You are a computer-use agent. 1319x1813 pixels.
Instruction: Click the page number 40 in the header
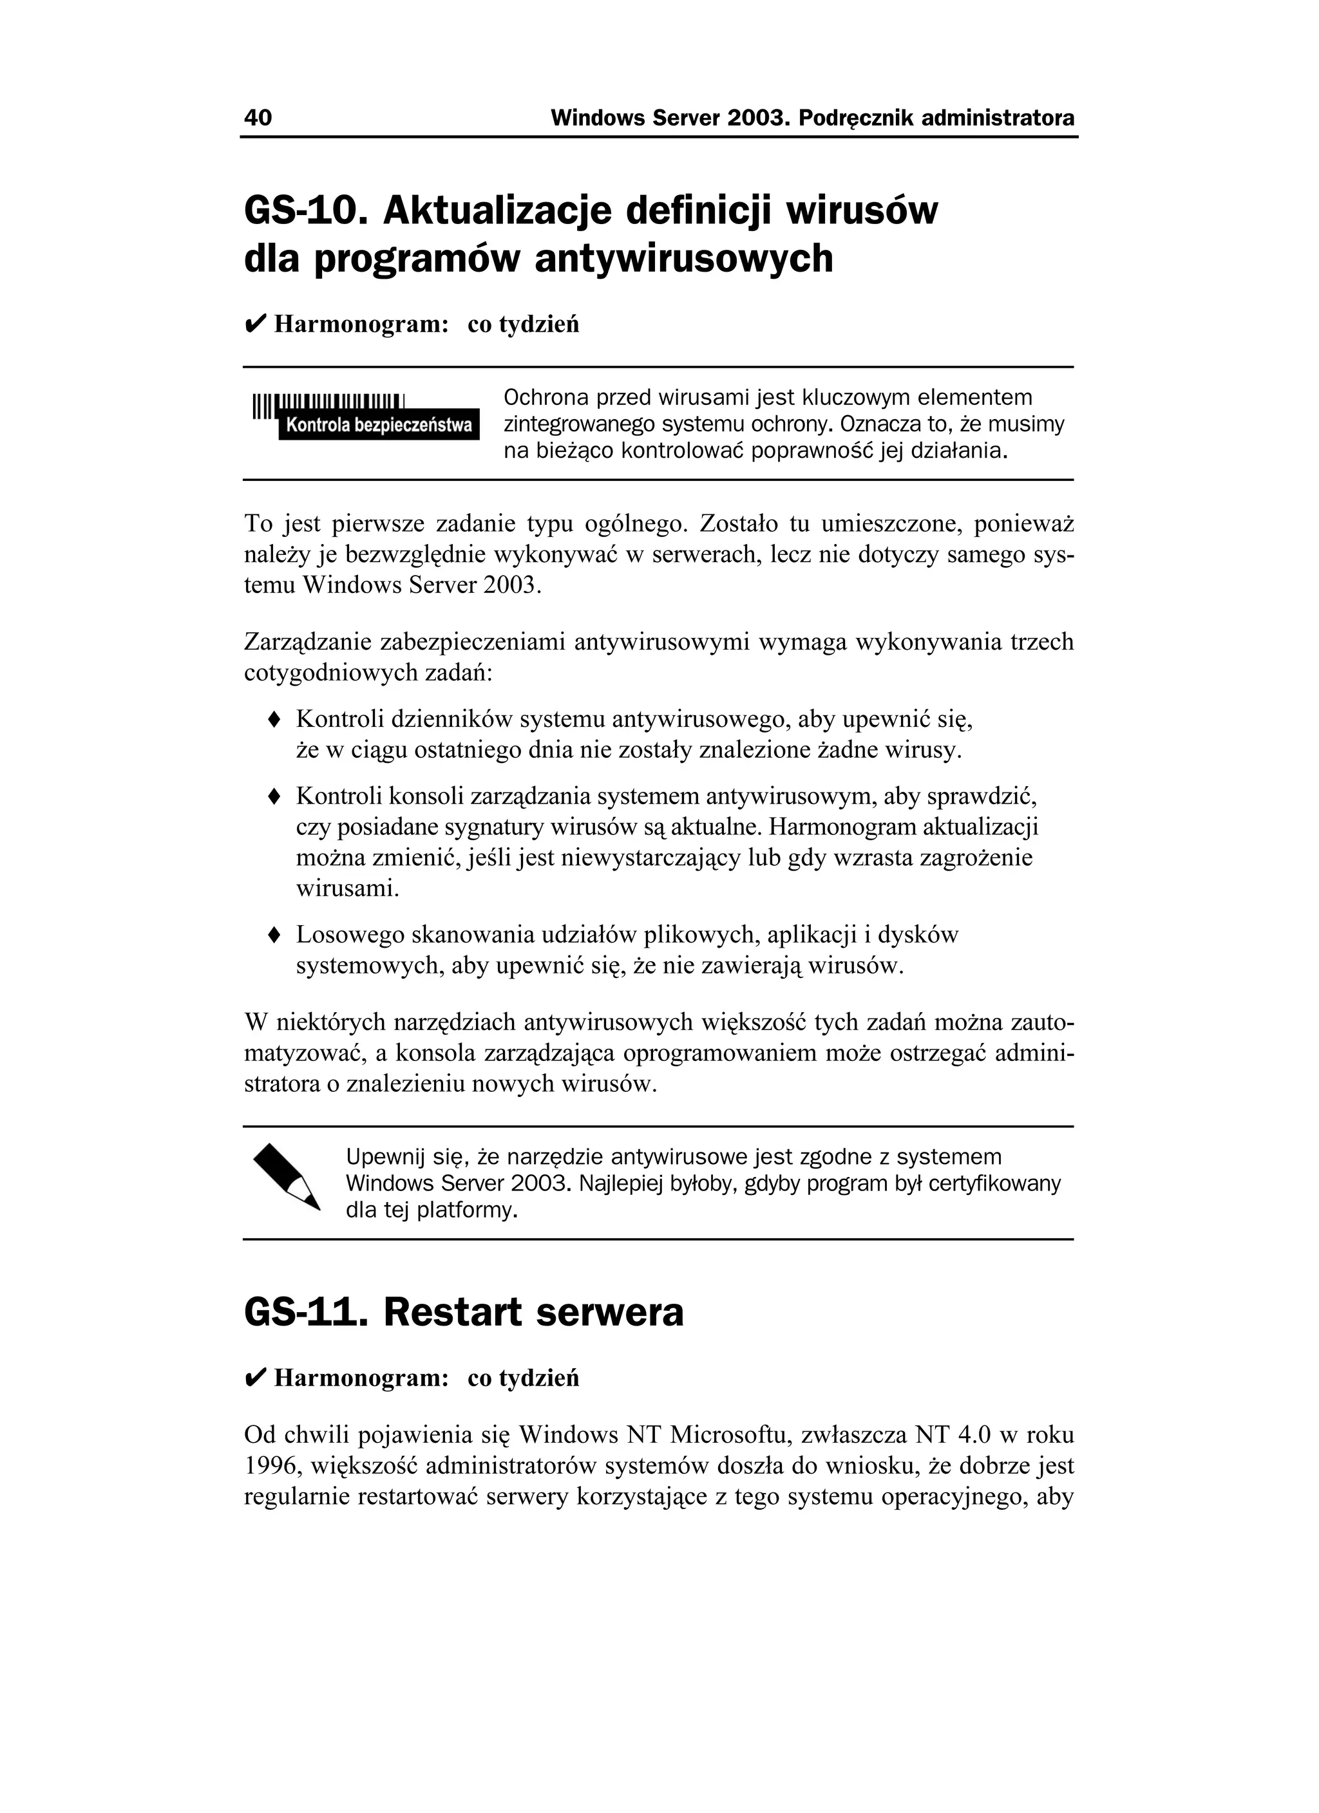point(258,118)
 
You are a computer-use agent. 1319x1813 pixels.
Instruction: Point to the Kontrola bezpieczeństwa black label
point(378,426)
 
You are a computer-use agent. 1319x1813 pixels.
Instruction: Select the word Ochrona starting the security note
point(546,397)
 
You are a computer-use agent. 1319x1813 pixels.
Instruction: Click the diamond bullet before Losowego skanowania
point(274,934)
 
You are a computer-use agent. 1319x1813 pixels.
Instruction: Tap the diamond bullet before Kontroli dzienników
point(274,719)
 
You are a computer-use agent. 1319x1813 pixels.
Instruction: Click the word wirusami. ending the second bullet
point(347,888)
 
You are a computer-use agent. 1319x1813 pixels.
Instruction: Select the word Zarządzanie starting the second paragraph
point(307,642)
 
